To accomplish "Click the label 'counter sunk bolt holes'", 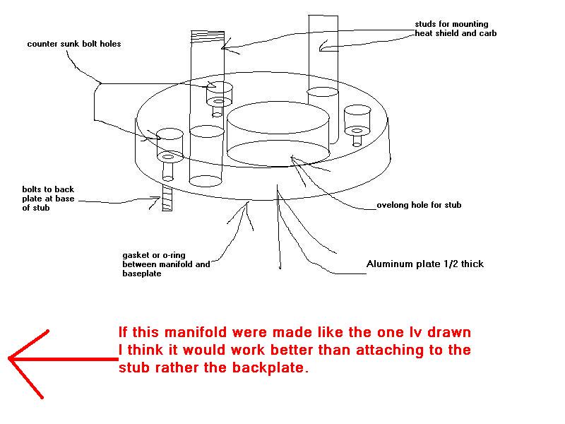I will (74, 44).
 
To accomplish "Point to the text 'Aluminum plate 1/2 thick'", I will (424, 264).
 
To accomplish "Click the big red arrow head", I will (21, 359).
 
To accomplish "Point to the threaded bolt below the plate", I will (167, 198).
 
